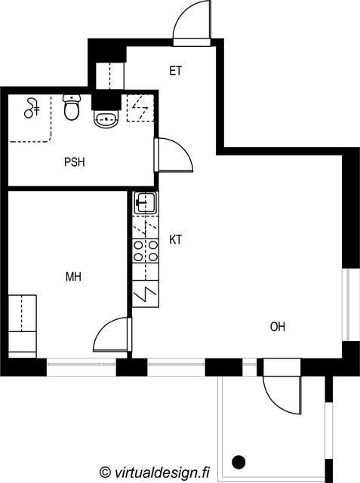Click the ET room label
(176, 71)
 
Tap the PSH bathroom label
(75, 162)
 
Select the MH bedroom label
(74, 277)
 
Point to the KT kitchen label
(176, 239)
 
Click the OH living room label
(278, 327)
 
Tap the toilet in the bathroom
(72, 107)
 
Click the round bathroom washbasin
(106, 119)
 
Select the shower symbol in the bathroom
(32, 108)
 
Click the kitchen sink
(146, 203)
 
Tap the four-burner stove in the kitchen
(146, 251)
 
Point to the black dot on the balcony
(238, 462)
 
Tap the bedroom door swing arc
(103, 327)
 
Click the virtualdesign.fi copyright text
(155, 472)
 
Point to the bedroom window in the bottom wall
(82, 365)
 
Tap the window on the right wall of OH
(348, 305)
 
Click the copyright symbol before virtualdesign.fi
(106, 472)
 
